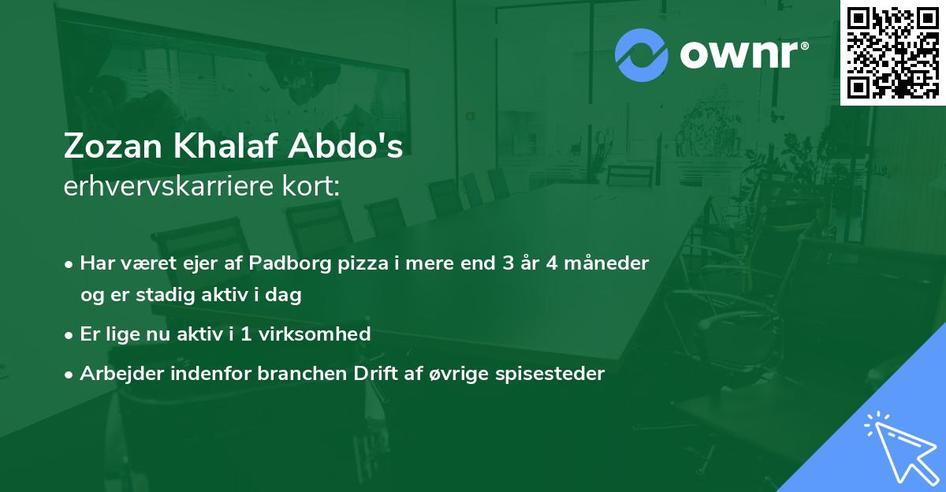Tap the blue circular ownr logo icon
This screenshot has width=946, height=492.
(641, 55)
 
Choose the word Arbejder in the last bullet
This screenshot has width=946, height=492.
(117, 374)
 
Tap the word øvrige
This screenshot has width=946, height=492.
(450, 374)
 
